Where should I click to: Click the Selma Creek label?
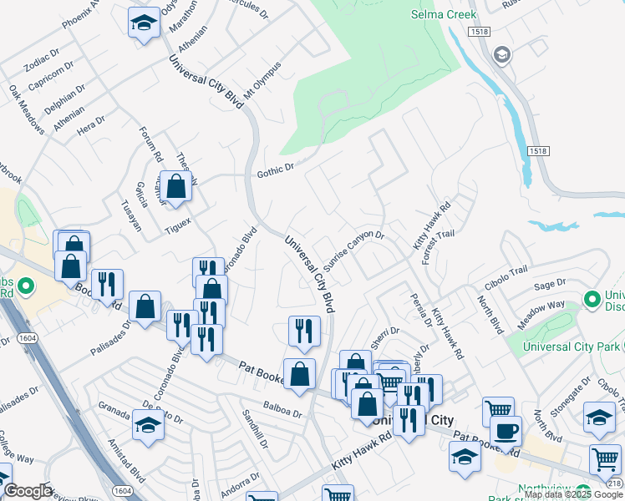(444, 14)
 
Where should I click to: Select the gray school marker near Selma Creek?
(501, 56)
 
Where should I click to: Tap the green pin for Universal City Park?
(592, 298)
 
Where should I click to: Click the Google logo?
(28, 491)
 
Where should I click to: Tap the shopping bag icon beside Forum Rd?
(176, 187)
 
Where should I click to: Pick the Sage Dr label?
(549, 286)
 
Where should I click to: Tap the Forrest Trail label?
(438, 246)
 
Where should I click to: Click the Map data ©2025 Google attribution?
(574, 494)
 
